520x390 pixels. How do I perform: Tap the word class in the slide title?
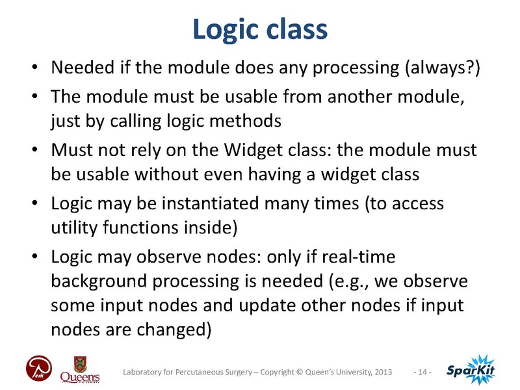click(x=298, y=29)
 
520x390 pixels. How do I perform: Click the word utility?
click(x=73, y=227)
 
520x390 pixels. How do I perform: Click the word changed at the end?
click(x=178, y=328)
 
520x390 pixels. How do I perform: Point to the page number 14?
click(x=422, y=372)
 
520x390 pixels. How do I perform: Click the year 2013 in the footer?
click(x=381, y=372)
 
